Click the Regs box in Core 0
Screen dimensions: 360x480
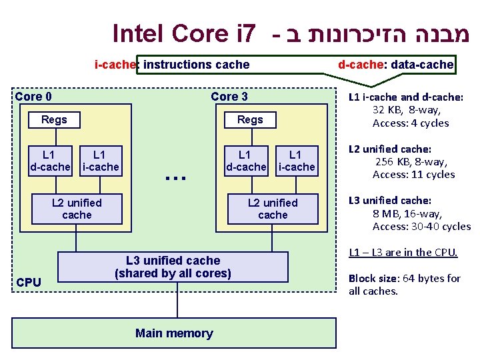(x=54, y=120)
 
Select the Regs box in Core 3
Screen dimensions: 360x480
(x=250, y=120)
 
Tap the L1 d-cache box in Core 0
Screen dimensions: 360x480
(x=51, y=161)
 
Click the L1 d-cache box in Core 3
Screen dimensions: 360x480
(x=246, y=161)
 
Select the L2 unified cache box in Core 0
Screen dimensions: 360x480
(x=77, y=209)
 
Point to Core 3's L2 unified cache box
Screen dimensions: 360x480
(x=273, y=209)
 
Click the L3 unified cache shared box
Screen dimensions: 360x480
(x=173, y=267)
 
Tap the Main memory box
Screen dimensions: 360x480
(x=174, y=333)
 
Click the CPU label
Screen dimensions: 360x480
(x=29, y=283)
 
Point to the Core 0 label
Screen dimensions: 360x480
(x=33, y=97)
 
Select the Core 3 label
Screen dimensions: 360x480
(x=229, y=97)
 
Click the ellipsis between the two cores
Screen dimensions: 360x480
(x=175, y=177)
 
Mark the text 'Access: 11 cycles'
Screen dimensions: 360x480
(x=413, y=175)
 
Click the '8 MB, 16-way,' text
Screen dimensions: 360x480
(x=407, y=213)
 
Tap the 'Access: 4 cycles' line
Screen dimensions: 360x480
(x=411, y=123)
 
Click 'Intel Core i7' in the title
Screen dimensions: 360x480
(x=184, y=32)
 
